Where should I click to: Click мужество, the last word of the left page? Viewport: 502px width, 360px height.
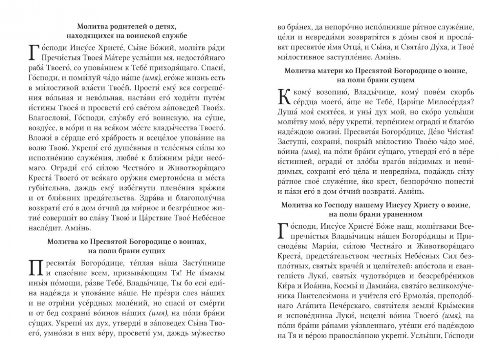tap(209, 334)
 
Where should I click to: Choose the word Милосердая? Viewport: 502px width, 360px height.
tap(447, 102)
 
